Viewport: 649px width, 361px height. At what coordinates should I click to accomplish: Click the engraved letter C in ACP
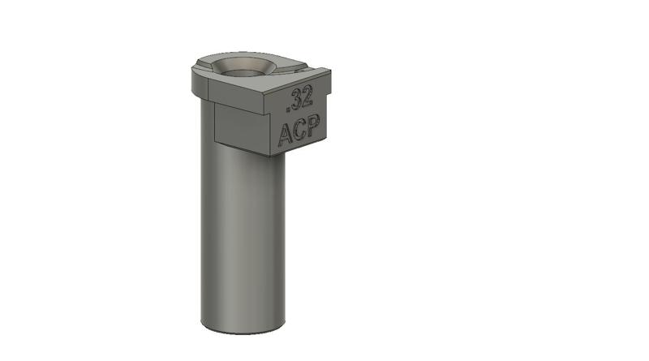point(299,131)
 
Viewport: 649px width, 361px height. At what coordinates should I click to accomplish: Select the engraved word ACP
point(299,131)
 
